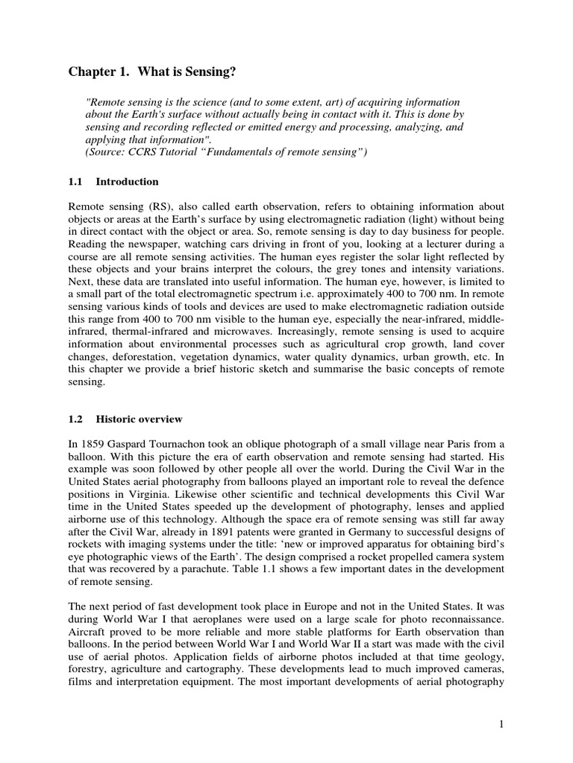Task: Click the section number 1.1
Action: point(76,182)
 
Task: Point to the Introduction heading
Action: point(127,182)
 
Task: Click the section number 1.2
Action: point(76,420)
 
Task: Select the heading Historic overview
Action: point(140,420)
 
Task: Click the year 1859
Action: point(95,443)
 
